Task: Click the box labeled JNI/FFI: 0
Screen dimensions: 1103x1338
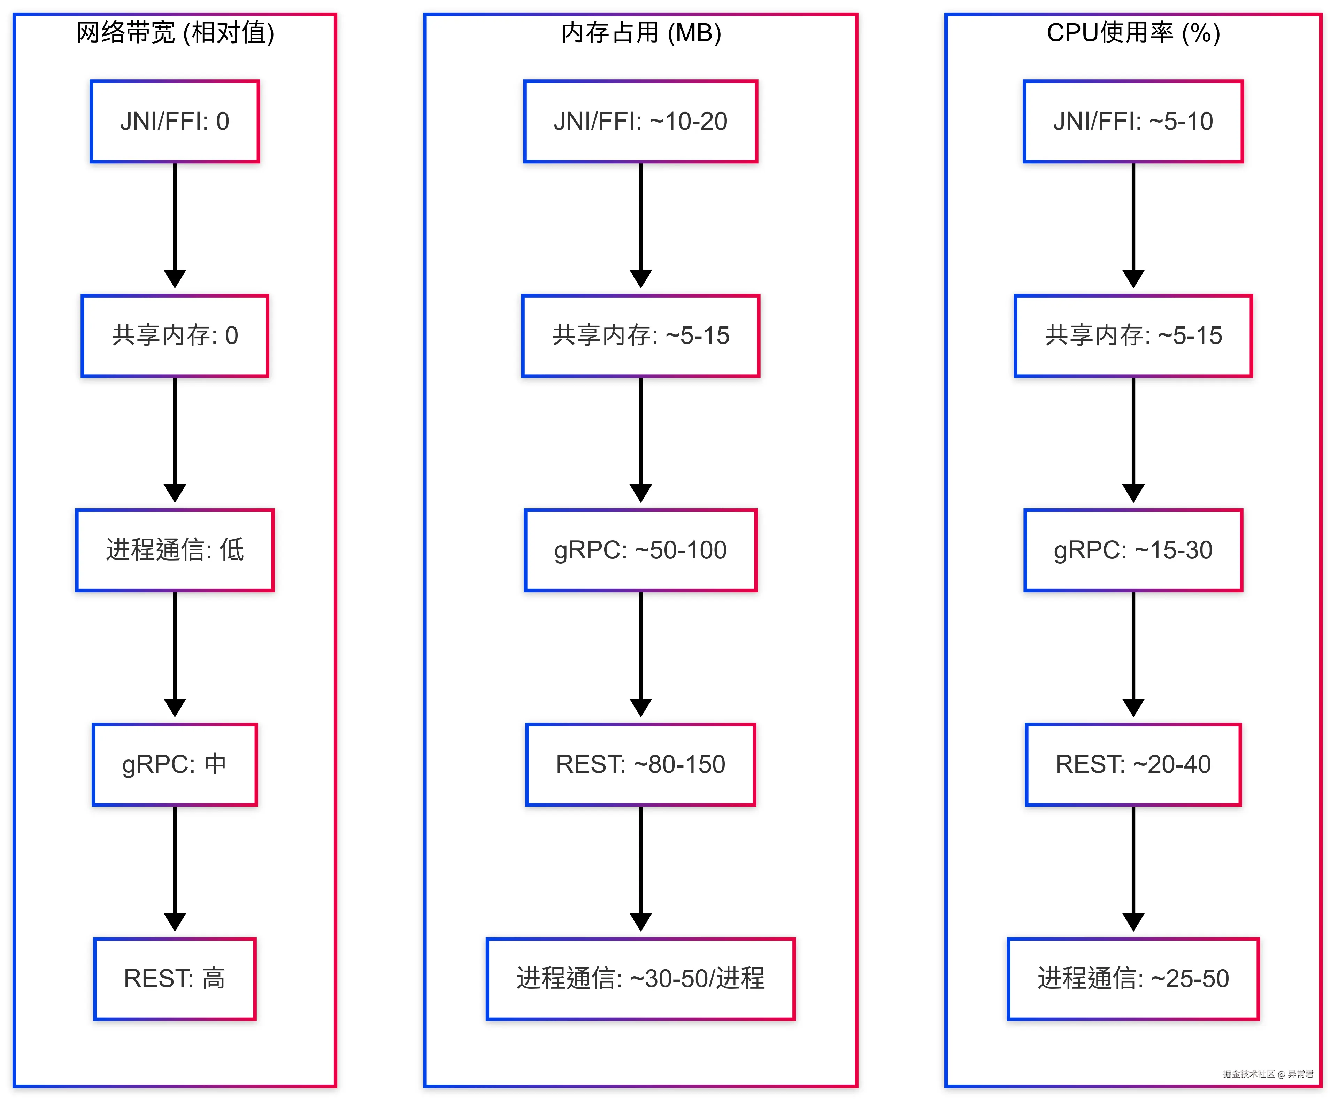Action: coord(175,121)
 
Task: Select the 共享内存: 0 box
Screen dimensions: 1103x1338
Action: coord(175,335)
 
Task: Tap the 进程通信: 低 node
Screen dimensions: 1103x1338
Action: coord(175,550)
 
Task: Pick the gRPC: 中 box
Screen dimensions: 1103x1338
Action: coord(175,764)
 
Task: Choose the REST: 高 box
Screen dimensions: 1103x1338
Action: coord(175,979)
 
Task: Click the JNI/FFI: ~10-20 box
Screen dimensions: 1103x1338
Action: coord(640,121)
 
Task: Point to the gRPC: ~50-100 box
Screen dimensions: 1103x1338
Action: coord(640,550)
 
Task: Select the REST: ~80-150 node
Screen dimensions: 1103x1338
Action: coord(640,764)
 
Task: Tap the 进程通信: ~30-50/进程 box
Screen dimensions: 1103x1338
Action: coord(640,979)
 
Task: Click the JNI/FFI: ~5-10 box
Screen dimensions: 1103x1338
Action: coord(1133,121)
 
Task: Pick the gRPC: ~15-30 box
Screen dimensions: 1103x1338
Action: coord(1133,550)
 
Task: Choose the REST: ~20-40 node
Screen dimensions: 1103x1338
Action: coord(1133,764)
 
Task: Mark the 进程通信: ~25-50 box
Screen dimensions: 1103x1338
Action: coord(1133,979)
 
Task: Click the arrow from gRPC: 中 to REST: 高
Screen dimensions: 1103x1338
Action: coord(175,867)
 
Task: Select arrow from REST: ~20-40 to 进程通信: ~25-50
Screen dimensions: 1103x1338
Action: coord(1133,867)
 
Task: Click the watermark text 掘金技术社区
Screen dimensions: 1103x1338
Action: coord(1248,1074)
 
